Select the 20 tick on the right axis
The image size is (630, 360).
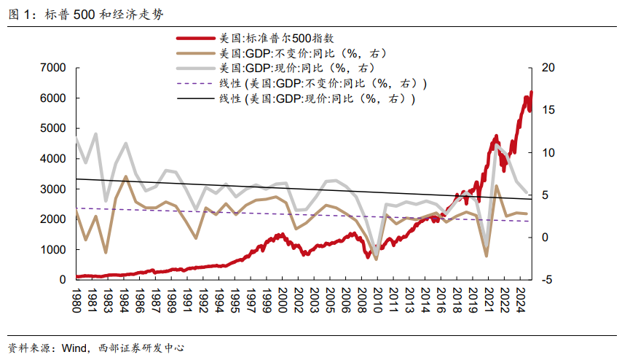point(548,68)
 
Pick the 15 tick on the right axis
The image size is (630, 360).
point(548,110)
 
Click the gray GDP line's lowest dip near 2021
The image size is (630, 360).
point(486,240)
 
